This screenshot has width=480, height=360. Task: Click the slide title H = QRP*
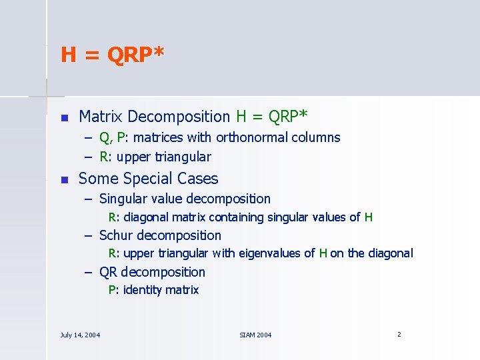point(112,55)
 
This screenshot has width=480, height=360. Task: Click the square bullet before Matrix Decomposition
point(64,118)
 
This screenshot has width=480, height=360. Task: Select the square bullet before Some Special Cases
point(64,179)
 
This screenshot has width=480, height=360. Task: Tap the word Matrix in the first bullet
point(101,117)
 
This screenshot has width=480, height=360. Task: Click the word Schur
point(115,235)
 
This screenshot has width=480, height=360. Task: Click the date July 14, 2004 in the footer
point(80,335)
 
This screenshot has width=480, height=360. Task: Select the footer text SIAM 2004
point(255,335)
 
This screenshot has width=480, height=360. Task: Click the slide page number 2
point(399,334)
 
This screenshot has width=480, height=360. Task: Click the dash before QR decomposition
point(88,272)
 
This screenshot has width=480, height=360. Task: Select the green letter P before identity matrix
point(112,290)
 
